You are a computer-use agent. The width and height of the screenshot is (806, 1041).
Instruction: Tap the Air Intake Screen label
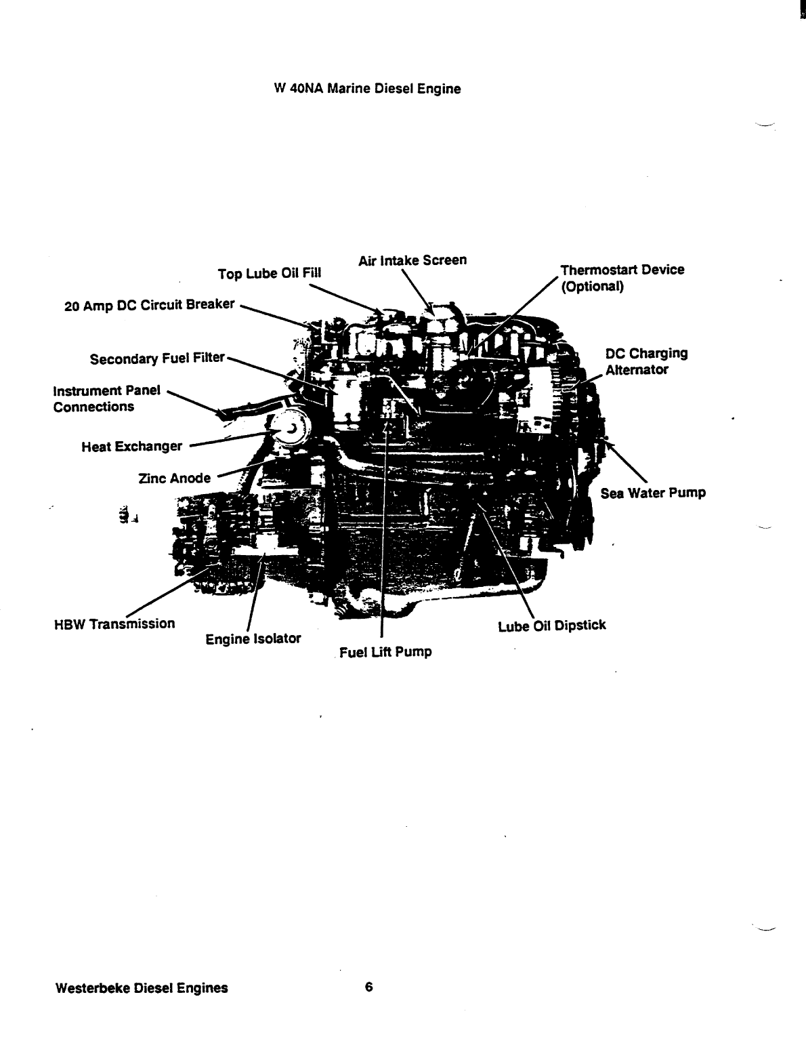[x=412, y=261]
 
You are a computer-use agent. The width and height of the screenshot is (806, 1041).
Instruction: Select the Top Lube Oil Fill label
[x=270, y=274]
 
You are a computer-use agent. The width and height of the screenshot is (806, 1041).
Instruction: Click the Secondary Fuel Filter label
[x=156, y=358]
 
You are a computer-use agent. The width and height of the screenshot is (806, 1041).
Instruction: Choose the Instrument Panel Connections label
[x=106, y=399]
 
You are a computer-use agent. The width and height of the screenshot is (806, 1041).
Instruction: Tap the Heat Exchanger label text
[x=131, y=447]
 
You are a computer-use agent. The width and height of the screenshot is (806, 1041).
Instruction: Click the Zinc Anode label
[x=174, y=478]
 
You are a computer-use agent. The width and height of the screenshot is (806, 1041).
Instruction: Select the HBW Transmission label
[x=114, y=624]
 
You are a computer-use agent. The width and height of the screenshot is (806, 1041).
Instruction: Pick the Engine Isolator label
[x=253, y=638]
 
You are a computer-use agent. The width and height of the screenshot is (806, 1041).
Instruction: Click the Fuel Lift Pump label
[x=385, y=653]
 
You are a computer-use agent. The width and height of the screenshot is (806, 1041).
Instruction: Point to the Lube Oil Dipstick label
[x=551, y=626]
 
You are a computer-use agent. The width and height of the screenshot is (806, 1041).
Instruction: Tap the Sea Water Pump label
[x=653, y=493]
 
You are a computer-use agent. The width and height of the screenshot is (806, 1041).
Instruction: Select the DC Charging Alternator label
[x=646, y=361]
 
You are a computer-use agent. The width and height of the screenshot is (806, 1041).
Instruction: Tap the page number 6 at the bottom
[x=368, y=987]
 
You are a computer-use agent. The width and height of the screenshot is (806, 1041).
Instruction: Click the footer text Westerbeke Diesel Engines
[x=141, y=987]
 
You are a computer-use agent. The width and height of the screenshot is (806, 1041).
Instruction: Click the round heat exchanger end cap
[x=289, y=428]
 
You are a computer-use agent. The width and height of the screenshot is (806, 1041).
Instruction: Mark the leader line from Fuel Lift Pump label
[x=383, y=542]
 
